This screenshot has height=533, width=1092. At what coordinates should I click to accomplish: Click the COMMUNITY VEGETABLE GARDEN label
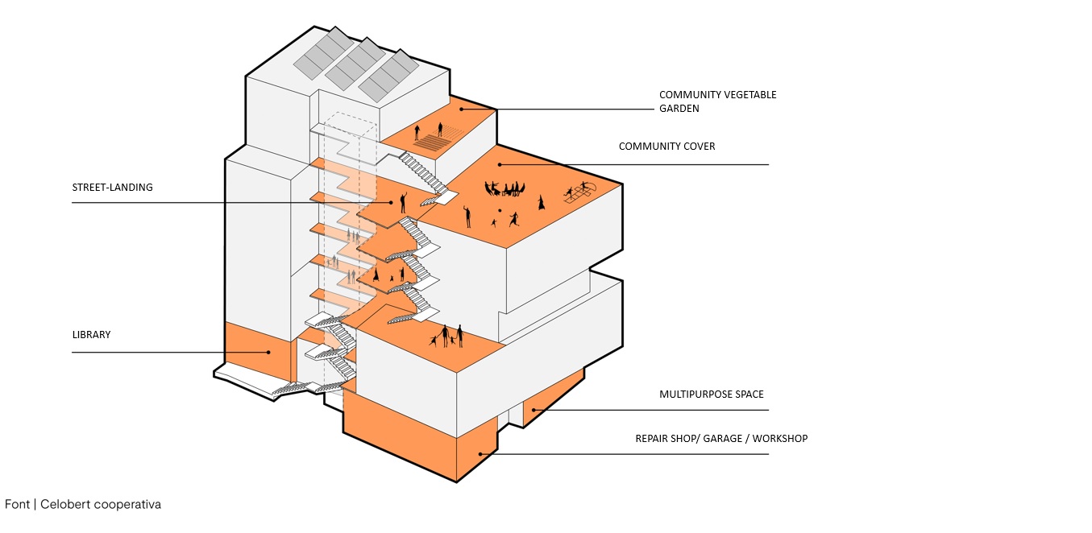(717, 101)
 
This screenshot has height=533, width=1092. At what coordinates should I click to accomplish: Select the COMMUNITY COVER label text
(666, 147)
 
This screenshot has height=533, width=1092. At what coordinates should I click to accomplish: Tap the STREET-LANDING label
(112, 188)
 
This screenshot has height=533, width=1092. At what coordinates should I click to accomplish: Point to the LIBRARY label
(91, 334)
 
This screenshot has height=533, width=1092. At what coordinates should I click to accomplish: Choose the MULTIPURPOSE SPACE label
(711, 395)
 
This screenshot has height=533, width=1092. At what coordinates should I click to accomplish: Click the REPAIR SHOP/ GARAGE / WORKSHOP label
(721, 439)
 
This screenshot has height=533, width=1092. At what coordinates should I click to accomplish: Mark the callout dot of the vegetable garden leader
(461, 109)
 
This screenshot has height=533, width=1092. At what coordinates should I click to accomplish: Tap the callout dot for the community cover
(500, 164)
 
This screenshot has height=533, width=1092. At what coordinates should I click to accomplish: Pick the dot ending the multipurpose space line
(533, 410)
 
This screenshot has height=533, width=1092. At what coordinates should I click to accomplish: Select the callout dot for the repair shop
(480, 454)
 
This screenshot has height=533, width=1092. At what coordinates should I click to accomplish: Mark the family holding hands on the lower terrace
(448, 336)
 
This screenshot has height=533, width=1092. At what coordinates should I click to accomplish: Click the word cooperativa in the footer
(127, 505)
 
